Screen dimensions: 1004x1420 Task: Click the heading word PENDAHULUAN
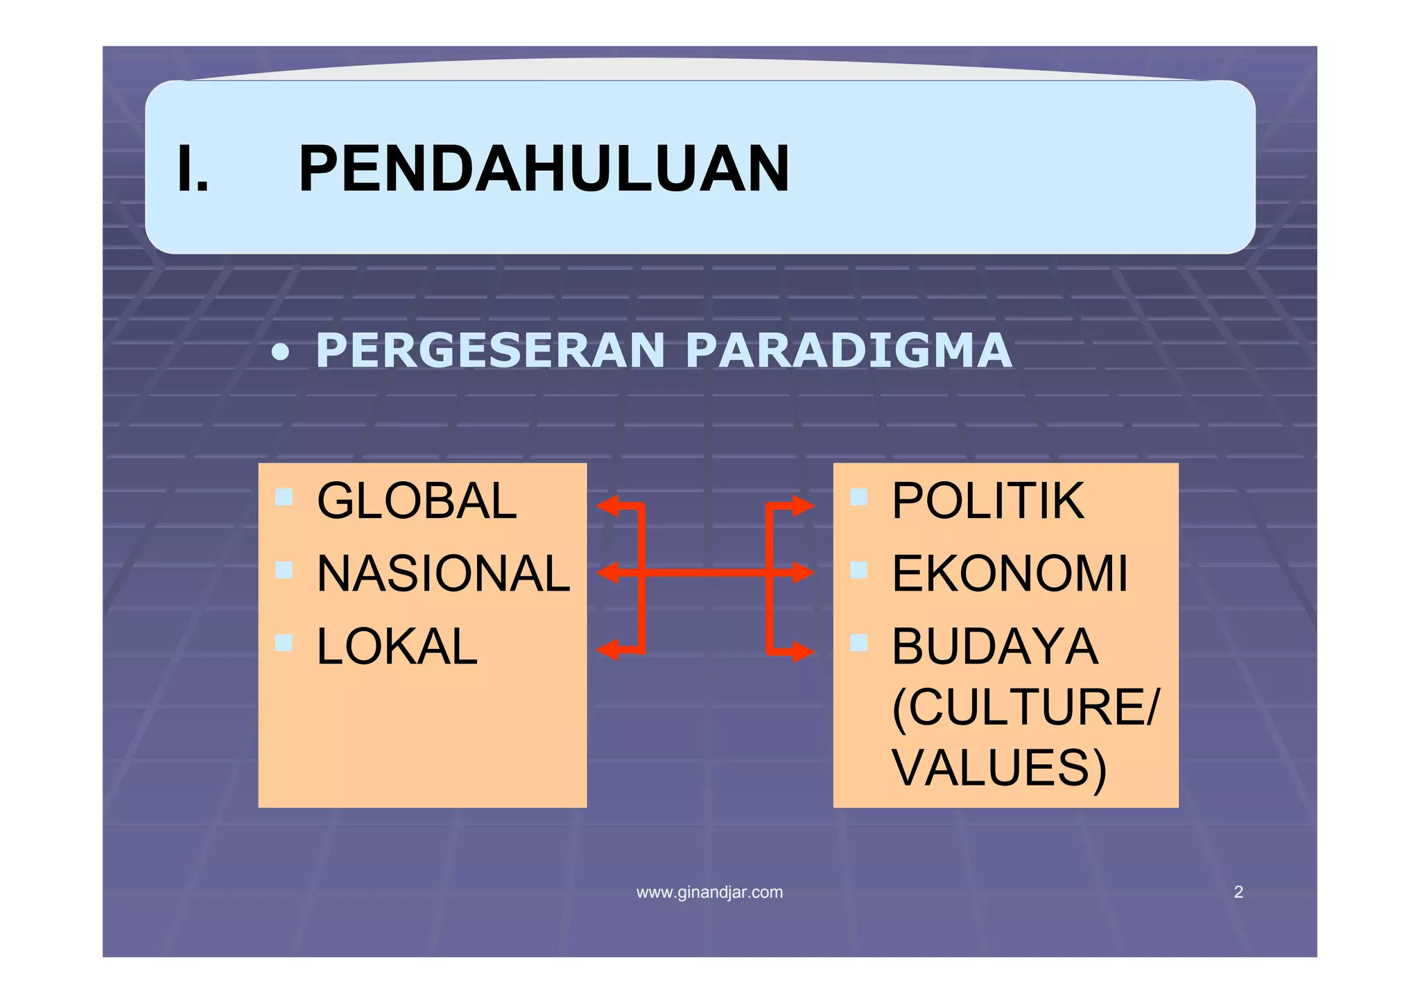coord(544,169)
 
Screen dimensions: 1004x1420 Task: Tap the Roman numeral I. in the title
coord(192,169)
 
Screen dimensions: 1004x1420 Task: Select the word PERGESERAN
coord(491,351)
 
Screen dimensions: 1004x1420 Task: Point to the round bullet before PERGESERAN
coord(280,354)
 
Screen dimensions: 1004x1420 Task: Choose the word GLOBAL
coord(417,501)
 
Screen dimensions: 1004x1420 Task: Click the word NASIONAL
coord(443,574)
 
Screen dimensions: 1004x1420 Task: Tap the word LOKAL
coord(397,647)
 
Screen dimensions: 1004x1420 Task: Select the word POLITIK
coord(987,501)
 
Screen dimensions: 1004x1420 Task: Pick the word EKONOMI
coord(1010,574)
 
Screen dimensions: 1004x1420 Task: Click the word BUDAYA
coord(994,647)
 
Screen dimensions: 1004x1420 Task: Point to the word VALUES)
coord(998,768)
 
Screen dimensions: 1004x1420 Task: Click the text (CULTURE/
coord(1025,708)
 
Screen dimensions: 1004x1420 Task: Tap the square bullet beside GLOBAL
coord(284,497)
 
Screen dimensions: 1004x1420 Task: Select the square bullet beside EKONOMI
coord(858,570)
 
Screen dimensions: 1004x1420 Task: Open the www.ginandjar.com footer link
coord(709,892)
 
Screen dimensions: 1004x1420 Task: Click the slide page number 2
coord(1238,892)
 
